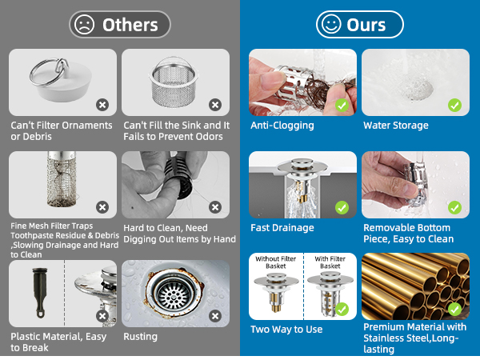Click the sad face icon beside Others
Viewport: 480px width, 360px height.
coord(84,25)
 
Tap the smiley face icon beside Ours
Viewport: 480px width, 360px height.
coord(331,25)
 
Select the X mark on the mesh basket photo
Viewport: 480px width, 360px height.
coord(215,105)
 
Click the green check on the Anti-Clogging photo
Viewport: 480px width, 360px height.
coord(342,106)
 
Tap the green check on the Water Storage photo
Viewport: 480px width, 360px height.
coord(454,106)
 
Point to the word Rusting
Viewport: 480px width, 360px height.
coord(140,337)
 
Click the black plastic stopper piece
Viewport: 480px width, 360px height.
coord(39,292)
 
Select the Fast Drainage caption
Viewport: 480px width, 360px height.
coord(282,228)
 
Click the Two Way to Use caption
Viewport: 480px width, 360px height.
coord(286,330)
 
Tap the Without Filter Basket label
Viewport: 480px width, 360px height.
coord(275,262)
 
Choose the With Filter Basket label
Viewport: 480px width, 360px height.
coord(330,262)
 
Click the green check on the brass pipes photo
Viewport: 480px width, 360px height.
coord(454,309)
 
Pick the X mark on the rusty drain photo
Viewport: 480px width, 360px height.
coord(215,316)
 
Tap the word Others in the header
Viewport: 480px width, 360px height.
coord(130,25)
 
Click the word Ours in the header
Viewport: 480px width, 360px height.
coord(366,25)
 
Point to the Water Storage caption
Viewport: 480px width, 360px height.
coord(396,126)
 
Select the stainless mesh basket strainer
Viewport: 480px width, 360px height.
coord(174,82)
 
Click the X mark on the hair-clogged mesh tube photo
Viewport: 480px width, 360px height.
coord(102,207)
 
